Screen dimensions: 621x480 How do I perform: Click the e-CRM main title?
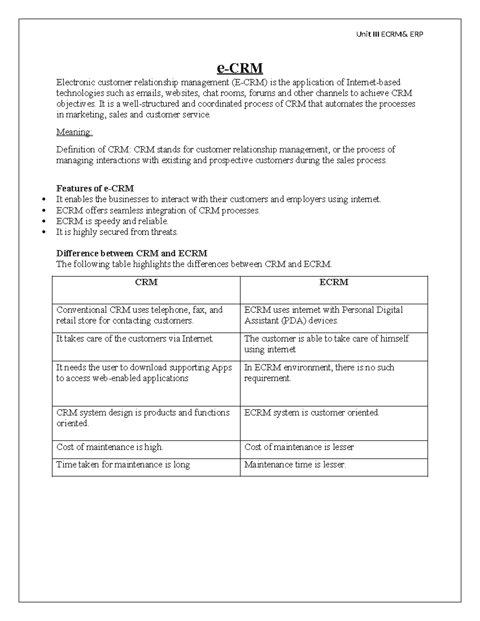(240, 68)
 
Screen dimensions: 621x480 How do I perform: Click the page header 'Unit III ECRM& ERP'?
(389, 34)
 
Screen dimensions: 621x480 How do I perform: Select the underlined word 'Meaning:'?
(74, 132)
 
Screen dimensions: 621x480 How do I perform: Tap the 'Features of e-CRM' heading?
(95, 188)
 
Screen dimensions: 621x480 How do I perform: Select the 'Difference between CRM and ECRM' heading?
(132, 254)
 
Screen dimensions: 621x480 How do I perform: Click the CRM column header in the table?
(146, 282)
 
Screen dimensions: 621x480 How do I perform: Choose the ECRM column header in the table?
(334, 282)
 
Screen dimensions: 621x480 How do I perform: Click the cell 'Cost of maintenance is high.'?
(110, 447)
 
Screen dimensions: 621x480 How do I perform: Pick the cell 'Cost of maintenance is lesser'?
(299, 447)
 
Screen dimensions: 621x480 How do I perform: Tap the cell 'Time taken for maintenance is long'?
(123, 465)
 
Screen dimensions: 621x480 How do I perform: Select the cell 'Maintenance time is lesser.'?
(295, 465)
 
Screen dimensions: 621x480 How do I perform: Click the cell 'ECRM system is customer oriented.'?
(312, 413)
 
